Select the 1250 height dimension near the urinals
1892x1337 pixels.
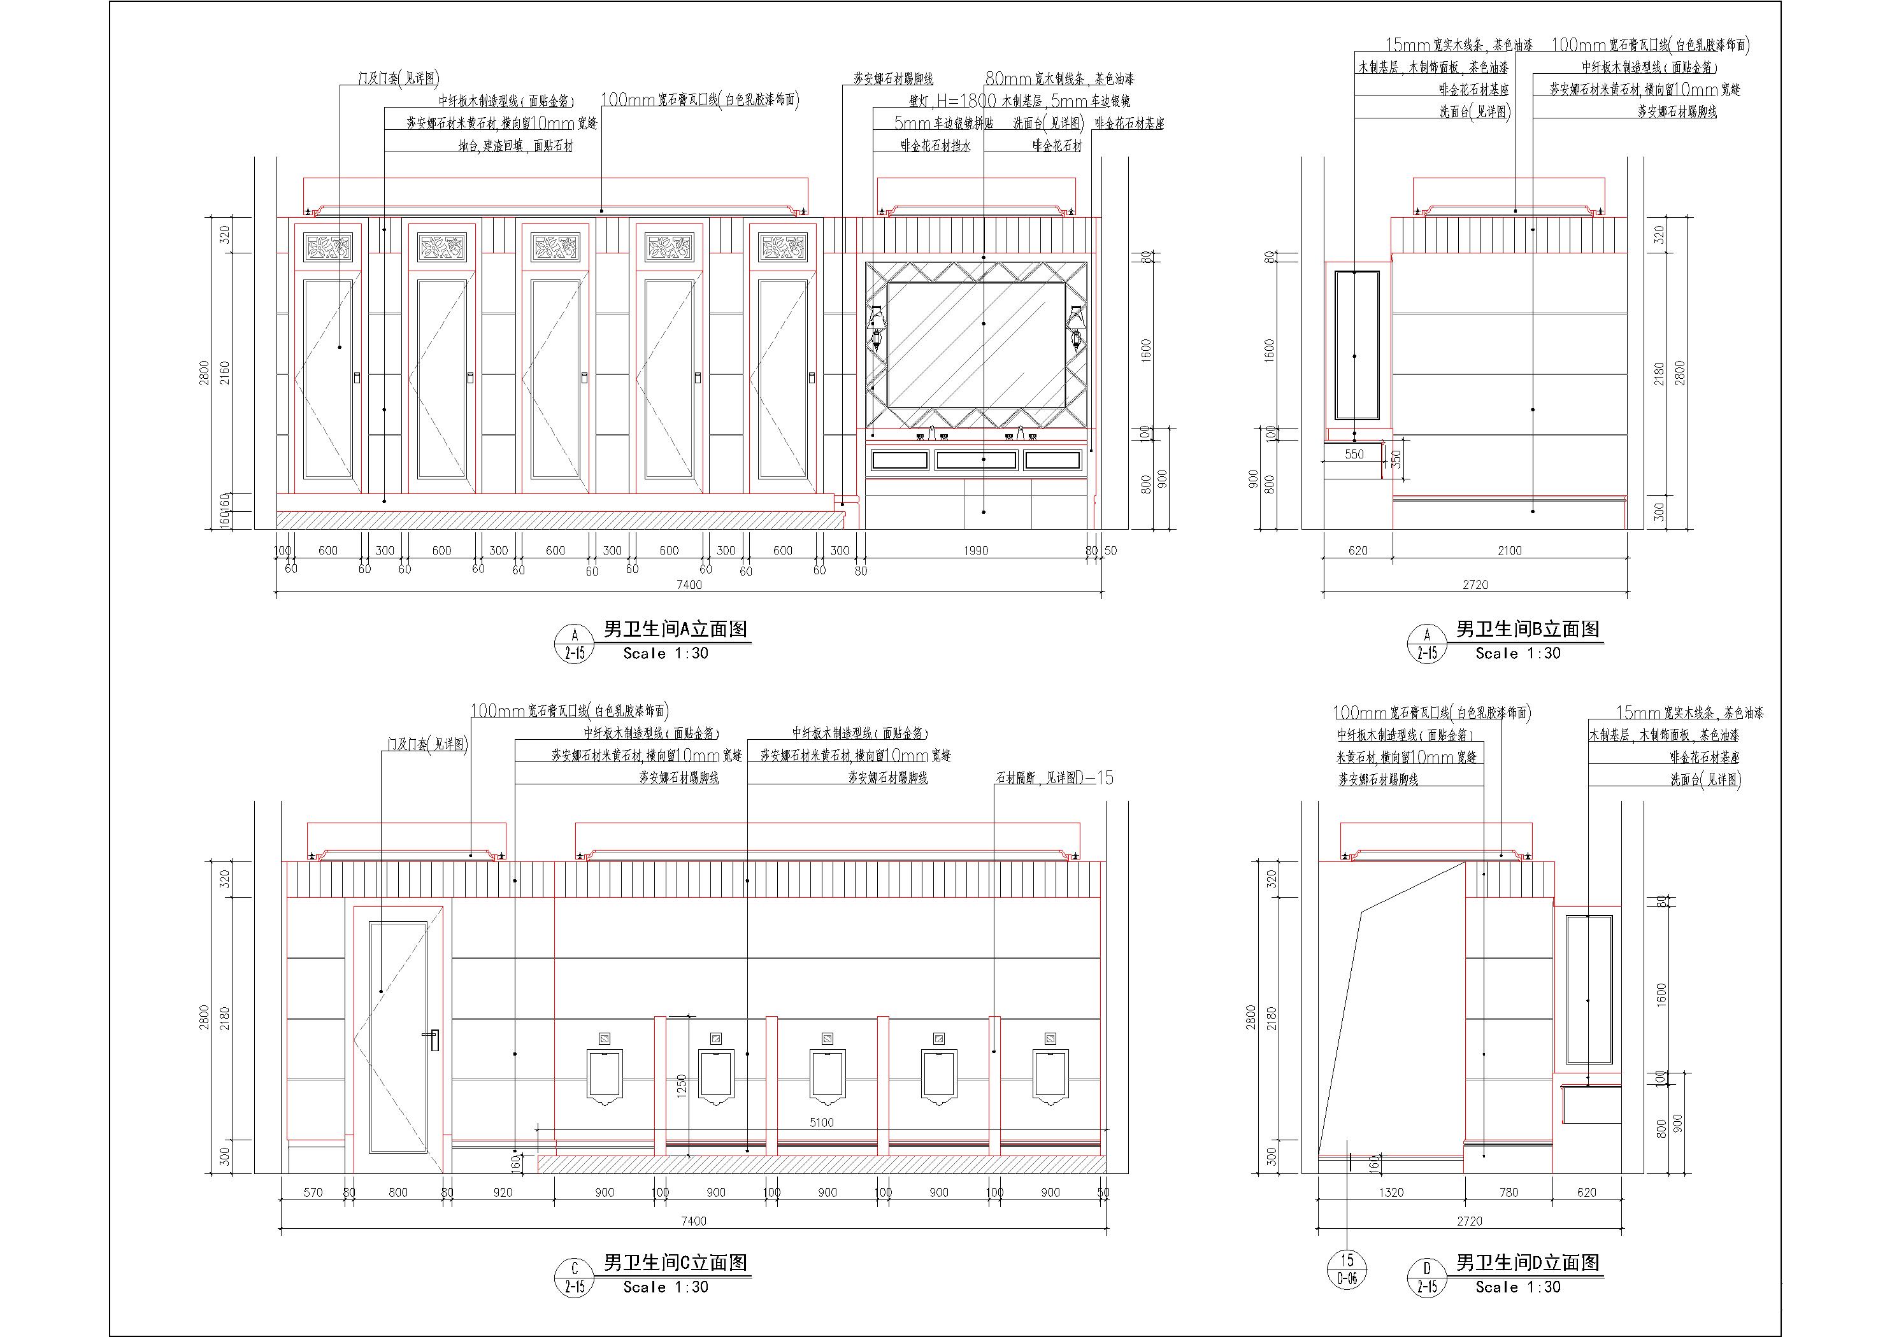point(680,1086)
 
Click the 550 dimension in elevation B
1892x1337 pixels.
point(1354,454)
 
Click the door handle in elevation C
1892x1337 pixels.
point(433,1040)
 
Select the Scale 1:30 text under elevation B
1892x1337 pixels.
point(1518,653)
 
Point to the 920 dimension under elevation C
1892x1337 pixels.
point(502,1192)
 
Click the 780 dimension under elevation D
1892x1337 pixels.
point(1508,1192)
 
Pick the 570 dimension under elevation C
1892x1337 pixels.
point(313,1192)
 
